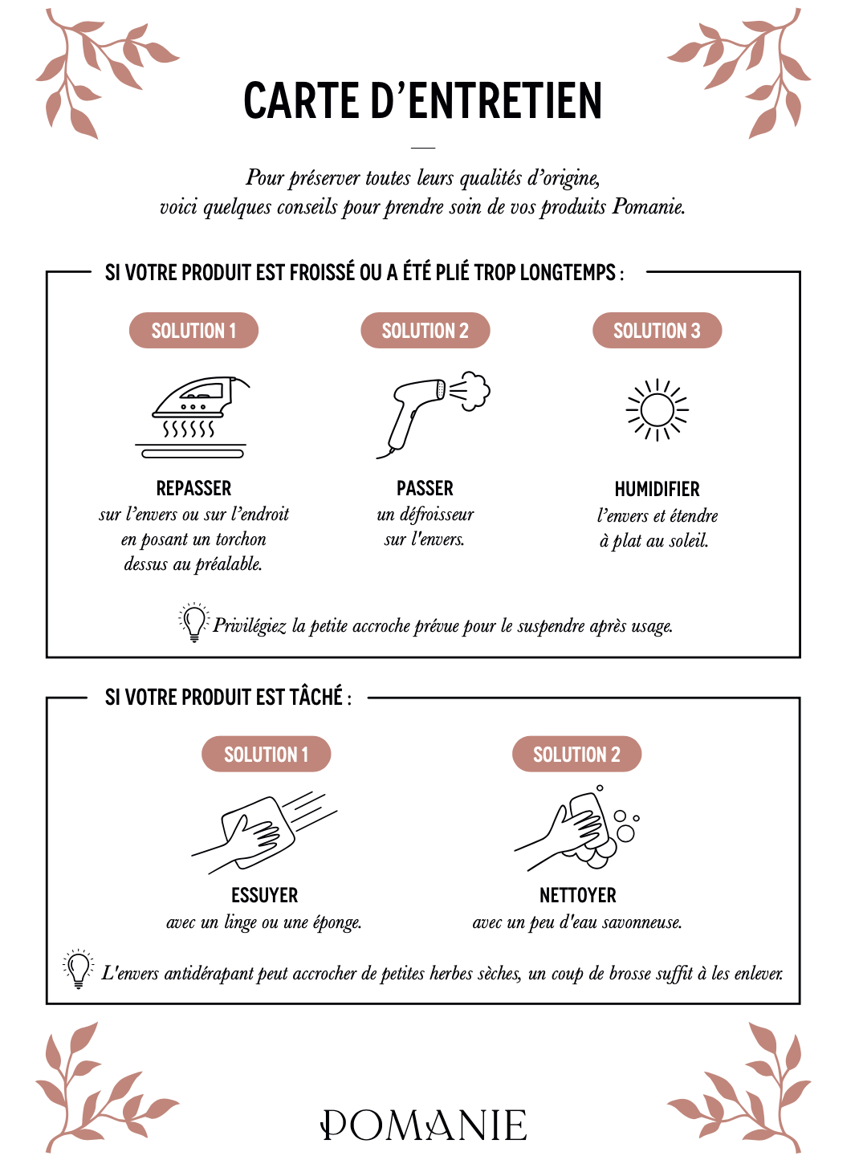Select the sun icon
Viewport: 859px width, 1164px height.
657,409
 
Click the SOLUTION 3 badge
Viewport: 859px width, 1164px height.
657,331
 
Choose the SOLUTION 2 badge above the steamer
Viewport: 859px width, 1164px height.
425,331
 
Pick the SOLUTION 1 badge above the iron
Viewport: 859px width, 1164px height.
193,331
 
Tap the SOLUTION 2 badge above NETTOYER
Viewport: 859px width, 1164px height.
576,755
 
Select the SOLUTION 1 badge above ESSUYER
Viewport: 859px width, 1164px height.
266,755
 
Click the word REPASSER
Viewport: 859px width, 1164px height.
193,488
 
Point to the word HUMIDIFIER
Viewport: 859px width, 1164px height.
657,489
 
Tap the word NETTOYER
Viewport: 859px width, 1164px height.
577,895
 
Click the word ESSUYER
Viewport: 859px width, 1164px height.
264,895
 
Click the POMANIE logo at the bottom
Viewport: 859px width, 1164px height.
424,1125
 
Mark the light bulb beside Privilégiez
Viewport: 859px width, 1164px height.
193,622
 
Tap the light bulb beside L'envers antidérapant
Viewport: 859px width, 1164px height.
78,968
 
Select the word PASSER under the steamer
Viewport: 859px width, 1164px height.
425,488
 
